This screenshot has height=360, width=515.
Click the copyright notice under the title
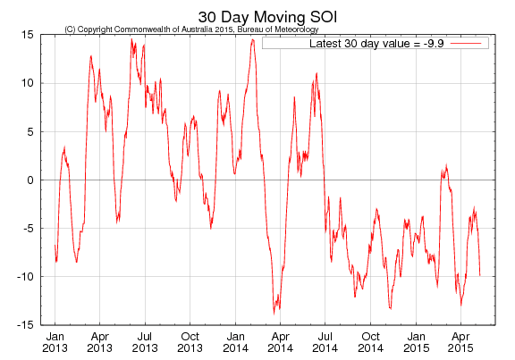191,29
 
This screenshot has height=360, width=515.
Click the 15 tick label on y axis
29,35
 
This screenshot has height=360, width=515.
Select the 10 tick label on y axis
29,83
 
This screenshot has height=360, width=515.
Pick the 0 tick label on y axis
31,180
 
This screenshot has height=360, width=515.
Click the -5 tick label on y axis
30,228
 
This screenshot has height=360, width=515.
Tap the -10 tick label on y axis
27,276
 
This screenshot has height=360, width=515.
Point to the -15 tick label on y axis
27,324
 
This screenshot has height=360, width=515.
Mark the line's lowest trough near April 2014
274,314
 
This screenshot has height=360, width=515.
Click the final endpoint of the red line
480,275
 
